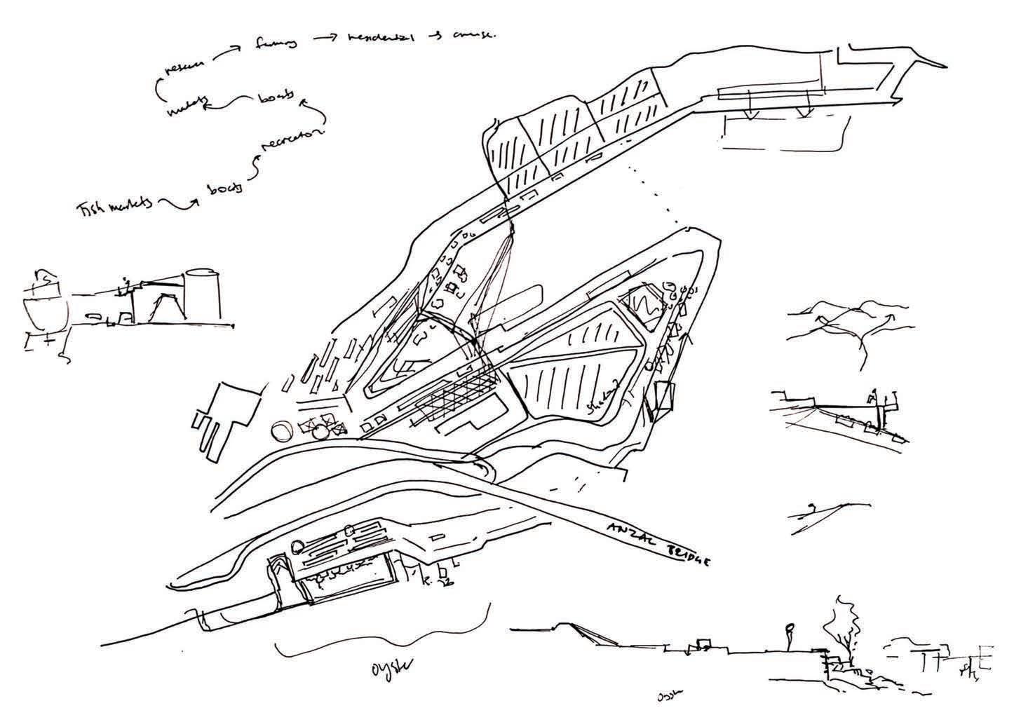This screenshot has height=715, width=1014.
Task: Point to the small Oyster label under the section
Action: point(670,697)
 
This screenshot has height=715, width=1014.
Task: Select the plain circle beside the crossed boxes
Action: point(280,430)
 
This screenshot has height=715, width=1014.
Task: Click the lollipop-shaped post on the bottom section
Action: point(790,634)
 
